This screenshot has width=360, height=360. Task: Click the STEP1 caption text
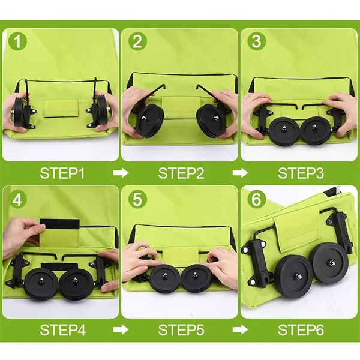tap(62, 173)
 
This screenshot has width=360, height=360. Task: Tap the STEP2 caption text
tap(181, 173)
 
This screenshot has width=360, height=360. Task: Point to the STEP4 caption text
tap(62, 329)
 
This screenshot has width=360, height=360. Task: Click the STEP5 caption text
tap(181, 329)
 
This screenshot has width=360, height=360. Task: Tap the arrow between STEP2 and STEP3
tap(240, 173)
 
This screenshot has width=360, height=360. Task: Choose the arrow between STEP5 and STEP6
tap(240, 329)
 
